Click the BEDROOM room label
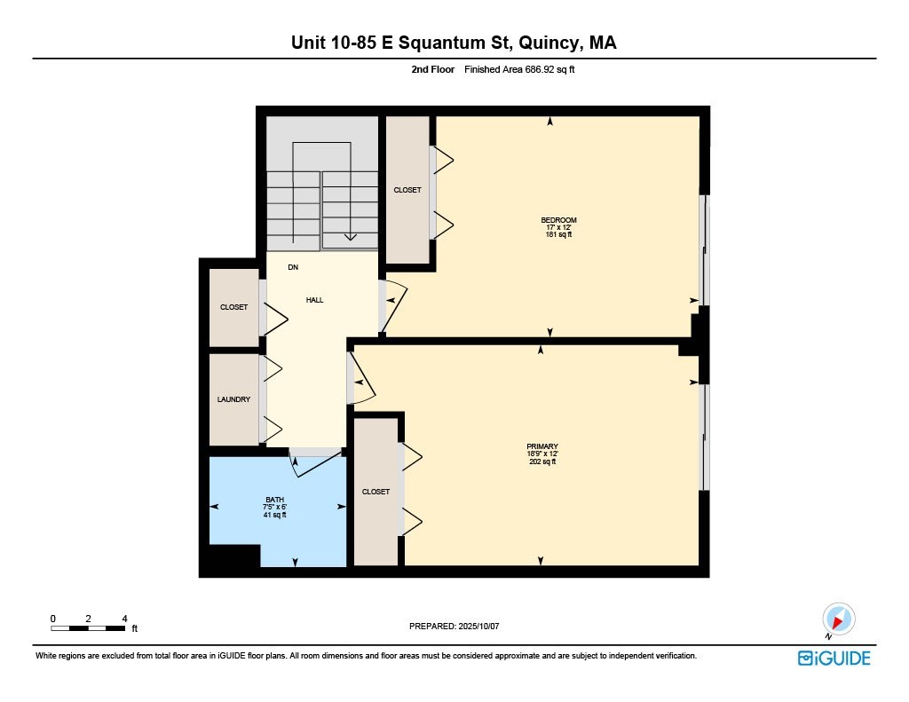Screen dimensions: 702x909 point(559,220)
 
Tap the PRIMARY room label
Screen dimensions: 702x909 point(541,446)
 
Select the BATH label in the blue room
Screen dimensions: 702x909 point(275,500)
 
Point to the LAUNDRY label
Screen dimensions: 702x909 point(234,399)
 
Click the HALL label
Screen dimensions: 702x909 point(315,300)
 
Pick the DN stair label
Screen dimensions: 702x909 point(293,267)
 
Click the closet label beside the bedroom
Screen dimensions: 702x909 point(407,190)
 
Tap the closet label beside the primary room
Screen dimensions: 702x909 point(375,492)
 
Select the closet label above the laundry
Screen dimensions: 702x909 point(234,307)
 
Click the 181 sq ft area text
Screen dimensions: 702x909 point(559,235)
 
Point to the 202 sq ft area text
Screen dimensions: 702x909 point(541,461)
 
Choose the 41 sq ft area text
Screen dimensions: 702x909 point(275,515)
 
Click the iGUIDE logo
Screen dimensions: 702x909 point(834,658)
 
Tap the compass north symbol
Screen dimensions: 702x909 point(838,619)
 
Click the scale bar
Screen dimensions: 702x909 point(88,628)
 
